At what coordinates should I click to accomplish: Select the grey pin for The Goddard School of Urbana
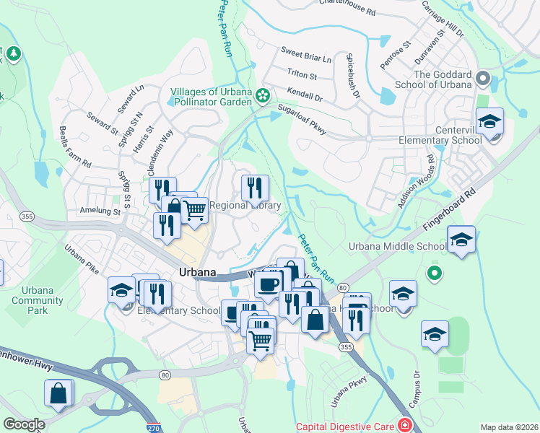pos(484,78)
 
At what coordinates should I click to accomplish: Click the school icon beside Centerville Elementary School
pos(489,122)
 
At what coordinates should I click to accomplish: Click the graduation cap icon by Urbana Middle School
pos(461,240)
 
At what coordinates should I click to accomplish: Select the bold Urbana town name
pos(197,272)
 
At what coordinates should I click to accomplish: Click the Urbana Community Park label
pos(32,300)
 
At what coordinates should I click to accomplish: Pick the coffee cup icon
pos(268,283)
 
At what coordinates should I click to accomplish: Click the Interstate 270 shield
pos(152,427)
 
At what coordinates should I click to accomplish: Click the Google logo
pos(24,424)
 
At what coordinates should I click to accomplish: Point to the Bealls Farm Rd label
pos(76,149)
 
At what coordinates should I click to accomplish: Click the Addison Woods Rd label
pos(419,183)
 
